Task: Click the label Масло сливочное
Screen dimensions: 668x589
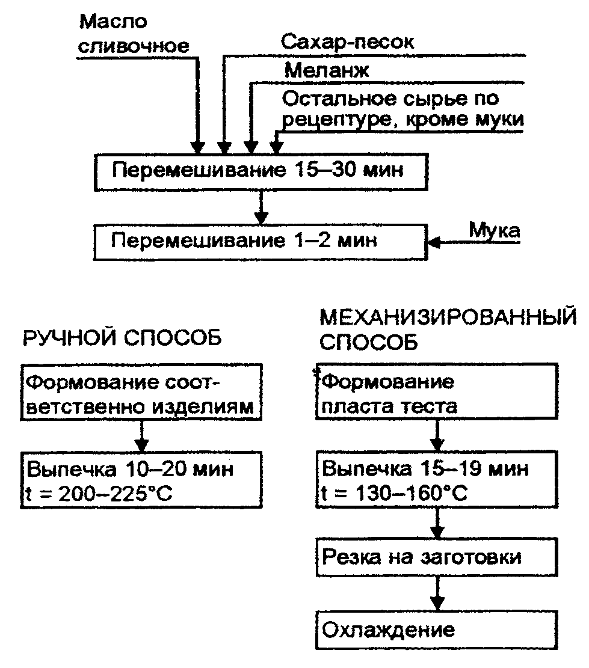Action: point(133,34)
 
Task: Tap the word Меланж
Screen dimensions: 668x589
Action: point(327,70)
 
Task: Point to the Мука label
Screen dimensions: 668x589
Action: point(495,231)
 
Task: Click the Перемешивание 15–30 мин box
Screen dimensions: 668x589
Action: point(261,171)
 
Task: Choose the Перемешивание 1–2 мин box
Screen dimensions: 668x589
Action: point(261,242)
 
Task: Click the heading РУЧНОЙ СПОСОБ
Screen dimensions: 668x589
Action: point(122,339)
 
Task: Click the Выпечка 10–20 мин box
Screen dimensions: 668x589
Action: point(141,479)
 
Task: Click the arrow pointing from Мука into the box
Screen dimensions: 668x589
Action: point(457,242)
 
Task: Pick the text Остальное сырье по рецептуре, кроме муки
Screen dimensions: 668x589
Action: point(402,108)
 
